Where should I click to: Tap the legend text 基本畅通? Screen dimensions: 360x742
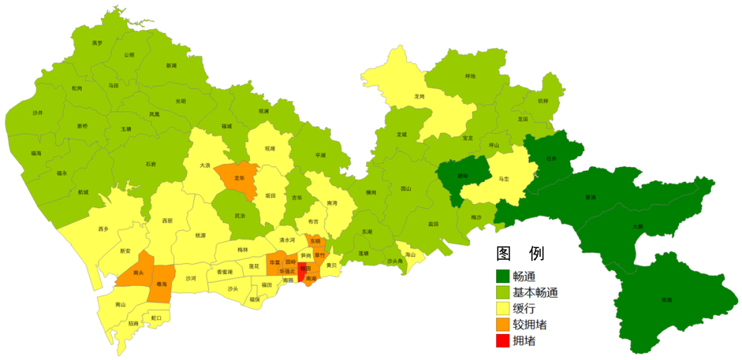[535, 293]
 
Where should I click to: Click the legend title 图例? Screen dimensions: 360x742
[521, 254]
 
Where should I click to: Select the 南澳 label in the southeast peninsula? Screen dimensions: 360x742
[666, 300]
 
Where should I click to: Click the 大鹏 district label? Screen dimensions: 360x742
[638, 225]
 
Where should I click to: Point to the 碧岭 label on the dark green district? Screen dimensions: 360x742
[463, 176]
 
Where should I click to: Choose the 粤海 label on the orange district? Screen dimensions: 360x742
[161, 283]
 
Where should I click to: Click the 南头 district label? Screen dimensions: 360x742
[138, 273]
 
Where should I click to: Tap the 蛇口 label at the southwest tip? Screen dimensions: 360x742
[155, 318]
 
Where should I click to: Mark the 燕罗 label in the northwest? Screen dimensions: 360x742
[97, 43]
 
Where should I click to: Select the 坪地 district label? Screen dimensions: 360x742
[470, 76]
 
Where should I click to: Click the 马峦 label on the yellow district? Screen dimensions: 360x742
[504, 179]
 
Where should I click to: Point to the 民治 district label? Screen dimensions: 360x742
[239, 216]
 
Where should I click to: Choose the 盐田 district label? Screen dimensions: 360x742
[433, 224]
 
